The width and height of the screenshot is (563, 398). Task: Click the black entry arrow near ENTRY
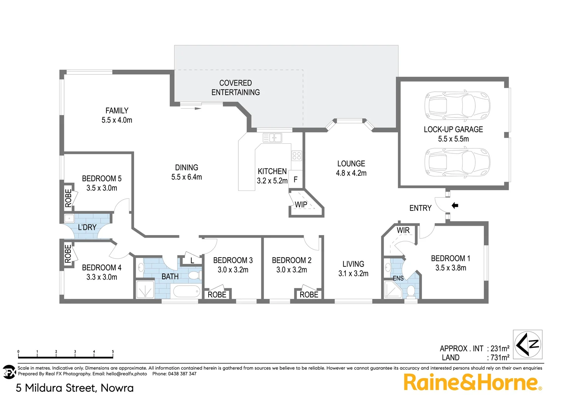coord(455,206)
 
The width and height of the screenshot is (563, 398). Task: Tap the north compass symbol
coord(528,344)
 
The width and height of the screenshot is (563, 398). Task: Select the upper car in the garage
coord(457,106)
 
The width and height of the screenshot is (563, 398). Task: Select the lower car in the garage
coord(457,162)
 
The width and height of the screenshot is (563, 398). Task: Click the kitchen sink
coord(272,138)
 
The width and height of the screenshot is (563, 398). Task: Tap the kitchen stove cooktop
coord(297,156)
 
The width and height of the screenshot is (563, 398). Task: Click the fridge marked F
coord(296,180)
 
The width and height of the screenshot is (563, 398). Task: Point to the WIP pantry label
coord(301,205)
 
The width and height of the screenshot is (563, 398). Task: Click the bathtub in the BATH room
coord(187,291)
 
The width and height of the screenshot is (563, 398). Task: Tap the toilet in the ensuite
coord(411,291)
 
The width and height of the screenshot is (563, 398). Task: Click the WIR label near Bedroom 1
coord(403,230)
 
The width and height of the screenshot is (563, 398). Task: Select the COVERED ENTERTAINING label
coord(235,88)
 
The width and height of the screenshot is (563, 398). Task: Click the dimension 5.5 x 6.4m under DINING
coord(186,177)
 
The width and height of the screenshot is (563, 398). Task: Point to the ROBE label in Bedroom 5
coord(68,198)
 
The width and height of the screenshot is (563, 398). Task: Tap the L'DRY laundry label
coord(87,227)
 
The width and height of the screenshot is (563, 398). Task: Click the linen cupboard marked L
coord(192,261)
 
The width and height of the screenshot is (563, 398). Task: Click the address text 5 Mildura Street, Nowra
coord(75,388)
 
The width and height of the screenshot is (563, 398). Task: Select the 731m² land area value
coord(500,357)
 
